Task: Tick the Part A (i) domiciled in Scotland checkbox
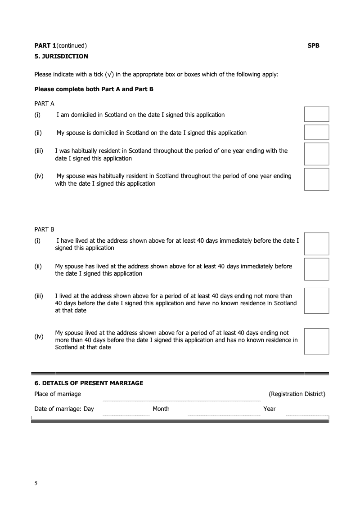click(316, 114)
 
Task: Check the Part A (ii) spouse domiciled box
click(316, 132)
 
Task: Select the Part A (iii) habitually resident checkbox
click(316, 154)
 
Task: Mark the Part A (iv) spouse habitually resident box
click(316, 179)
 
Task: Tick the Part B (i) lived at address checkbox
click(316, 244)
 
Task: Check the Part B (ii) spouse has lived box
click(316, 269)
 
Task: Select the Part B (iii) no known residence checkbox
click(316, 301)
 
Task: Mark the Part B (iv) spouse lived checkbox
click(316, 341)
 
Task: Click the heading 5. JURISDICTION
click(61, 56)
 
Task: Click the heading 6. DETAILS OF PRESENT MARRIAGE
click(89, 383)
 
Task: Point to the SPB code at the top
click(313, 45)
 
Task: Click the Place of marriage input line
click(181, 398)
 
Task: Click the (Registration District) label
click(297, 394)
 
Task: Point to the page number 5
click(36, 483)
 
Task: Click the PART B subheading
click(45, 229)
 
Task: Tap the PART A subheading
click(45, 103)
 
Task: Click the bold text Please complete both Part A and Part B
click(94, 89)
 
